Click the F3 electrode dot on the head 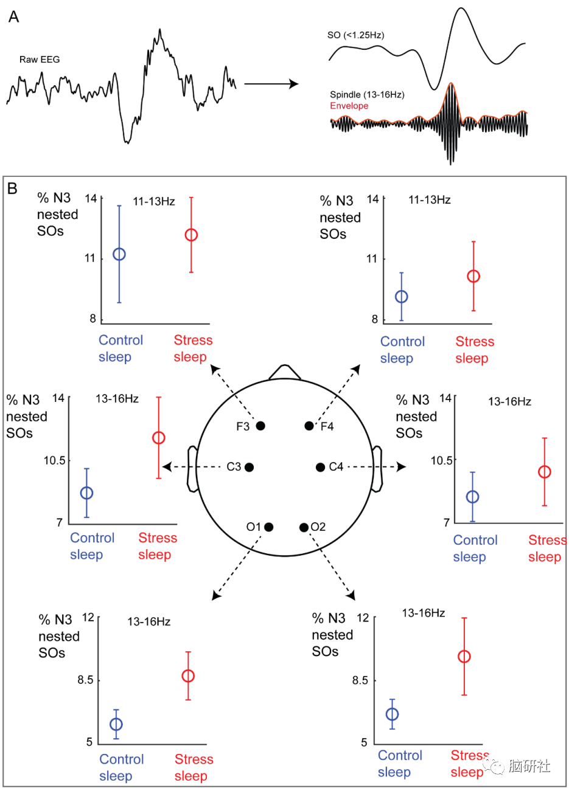coord(260,426)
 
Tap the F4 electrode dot coord(309,426)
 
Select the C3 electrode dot coord(249,467)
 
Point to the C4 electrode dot coord(320,467)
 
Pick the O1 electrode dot coord(269,527)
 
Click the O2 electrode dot coord(304,527)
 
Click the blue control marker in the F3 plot coord(119,254)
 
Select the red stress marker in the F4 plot coord(473,277)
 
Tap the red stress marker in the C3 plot coord(158,438)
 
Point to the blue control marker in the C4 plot coord(472,497)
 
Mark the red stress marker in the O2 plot coord(464,657)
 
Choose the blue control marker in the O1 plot coord(116,724)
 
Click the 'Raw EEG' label coord(40,60)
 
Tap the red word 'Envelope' coord(349,106)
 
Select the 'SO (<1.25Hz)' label coord(355,35)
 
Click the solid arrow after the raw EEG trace coord(271,84)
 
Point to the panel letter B coord(13,188)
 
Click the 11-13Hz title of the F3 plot coord(154,201)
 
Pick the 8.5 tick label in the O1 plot coord(85,680)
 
